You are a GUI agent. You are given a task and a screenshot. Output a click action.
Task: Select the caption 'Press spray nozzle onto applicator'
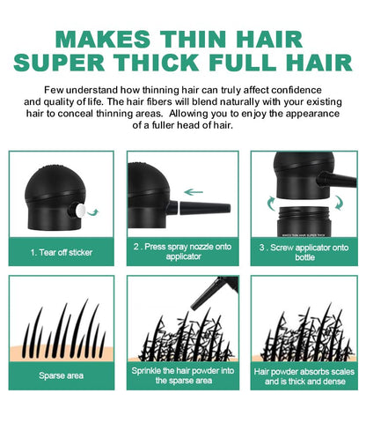[183, 251]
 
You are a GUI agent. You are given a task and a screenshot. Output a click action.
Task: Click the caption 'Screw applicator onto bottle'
[304, 251]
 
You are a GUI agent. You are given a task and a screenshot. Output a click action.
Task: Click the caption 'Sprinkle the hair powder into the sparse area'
[183, 375]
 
